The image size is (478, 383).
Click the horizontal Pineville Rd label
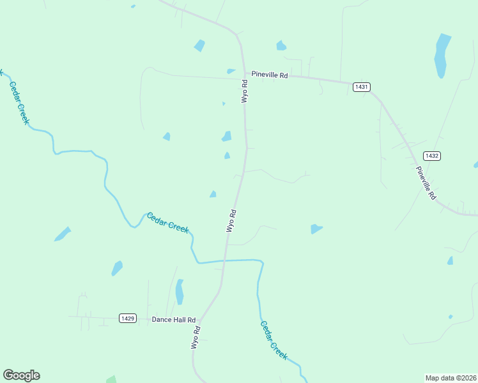point(270,75)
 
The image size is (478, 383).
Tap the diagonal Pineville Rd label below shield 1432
point(426,183)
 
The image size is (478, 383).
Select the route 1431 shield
point(361,86)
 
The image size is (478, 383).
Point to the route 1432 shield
point(432,156)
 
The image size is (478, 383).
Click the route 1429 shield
point(128,318)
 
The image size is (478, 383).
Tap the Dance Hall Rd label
point(173,319)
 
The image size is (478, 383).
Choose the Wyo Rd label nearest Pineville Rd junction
point(244,91)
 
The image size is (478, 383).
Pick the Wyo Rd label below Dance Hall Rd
point(196,337)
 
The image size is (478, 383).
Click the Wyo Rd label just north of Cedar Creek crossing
point(231,221)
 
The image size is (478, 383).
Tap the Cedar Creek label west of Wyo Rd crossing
point(167,223)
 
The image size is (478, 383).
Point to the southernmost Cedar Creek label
point(273,340)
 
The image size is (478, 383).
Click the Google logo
point(21,375)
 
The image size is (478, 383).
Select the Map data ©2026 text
point(451,377)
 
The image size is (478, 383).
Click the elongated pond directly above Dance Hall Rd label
point(180,292)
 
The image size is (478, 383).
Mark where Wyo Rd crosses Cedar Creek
point(225,260)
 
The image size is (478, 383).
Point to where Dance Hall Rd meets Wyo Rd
point(200,319)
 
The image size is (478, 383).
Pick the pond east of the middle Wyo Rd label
point(316,229)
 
